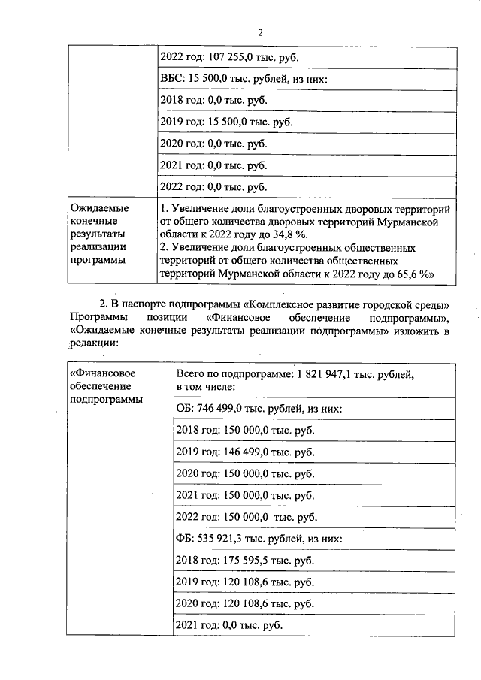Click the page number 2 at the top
click(260, 33)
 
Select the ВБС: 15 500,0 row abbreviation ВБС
click(171, 78)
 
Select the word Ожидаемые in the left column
click(99, 207)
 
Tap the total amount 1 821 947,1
click(331, 374)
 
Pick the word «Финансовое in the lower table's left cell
click(102, 372)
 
